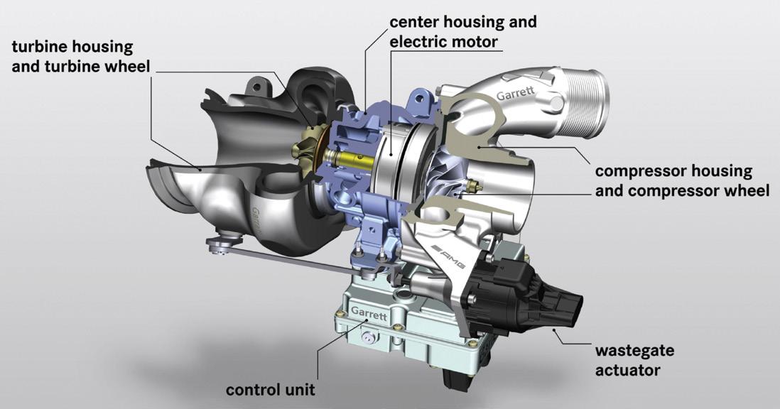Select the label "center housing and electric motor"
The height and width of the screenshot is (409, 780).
[x=462, y=32]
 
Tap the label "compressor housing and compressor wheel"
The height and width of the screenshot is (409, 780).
[x=681, y=181]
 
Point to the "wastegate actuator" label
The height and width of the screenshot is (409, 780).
[x=634, y=360]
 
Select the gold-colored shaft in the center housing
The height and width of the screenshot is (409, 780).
[x=348, y=160]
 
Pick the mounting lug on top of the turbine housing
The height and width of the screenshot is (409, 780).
[x=256, y=89]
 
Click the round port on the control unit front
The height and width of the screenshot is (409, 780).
[x=367, y=340]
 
